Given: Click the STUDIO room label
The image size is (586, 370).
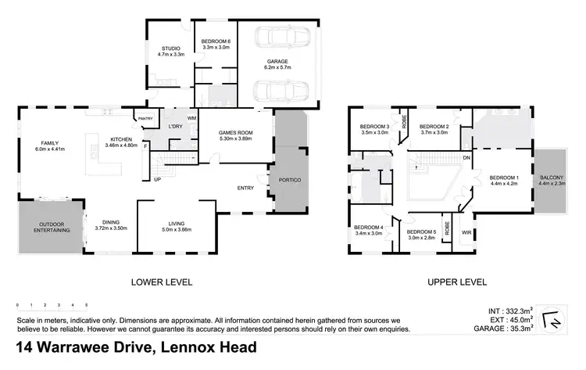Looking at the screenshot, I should click(166, 49).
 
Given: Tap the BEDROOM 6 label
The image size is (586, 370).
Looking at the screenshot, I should click(216, 41).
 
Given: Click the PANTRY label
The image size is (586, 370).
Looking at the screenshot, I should click(145, 119).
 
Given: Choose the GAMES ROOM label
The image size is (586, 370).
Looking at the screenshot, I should click(236, 134).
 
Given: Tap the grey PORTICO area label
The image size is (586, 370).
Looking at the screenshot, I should click(290, 181).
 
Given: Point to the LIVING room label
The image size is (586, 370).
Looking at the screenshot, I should click(175, 225).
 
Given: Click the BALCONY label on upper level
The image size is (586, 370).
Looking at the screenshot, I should click(552, 179).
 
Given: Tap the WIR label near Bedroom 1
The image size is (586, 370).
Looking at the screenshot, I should click(466, 232).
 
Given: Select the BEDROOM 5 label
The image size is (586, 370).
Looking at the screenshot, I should click(421, 232).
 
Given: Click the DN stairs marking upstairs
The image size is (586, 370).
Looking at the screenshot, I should click(466, 157).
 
